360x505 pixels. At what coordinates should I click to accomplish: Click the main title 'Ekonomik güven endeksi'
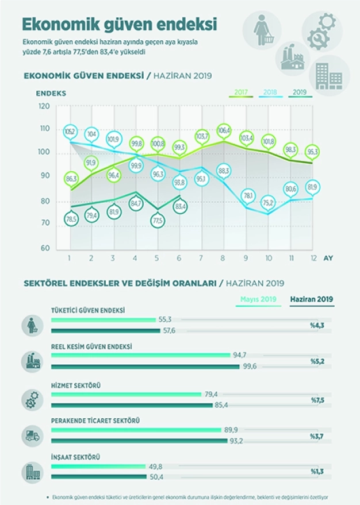pyautogui.click(x=119, y=24)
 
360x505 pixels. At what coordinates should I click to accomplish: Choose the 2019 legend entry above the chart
pyautogui.click(x=300, y=92)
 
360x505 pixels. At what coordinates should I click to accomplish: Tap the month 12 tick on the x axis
pyautogui.click(x=312, y=258)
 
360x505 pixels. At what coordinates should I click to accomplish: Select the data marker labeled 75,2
pyautogui.click(x=267, y=202)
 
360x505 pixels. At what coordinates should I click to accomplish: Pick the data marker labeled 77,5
pyautogui.click(x=158, y=219)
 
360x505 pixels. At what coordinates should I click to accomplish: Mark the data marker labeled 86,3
pyautogui.click(x=71, y=179)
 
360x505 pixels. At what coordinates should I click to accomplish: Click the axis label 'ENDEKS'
pyautogui.click(x=51, y=92)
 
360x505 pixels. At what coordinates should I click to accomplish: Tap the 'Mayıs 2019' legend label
pyautogui.click(x=258, y=299)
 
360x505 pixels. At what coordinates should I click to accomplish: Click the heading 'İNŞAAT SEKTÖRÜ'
pyautogui.click(x=76, y=457)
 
